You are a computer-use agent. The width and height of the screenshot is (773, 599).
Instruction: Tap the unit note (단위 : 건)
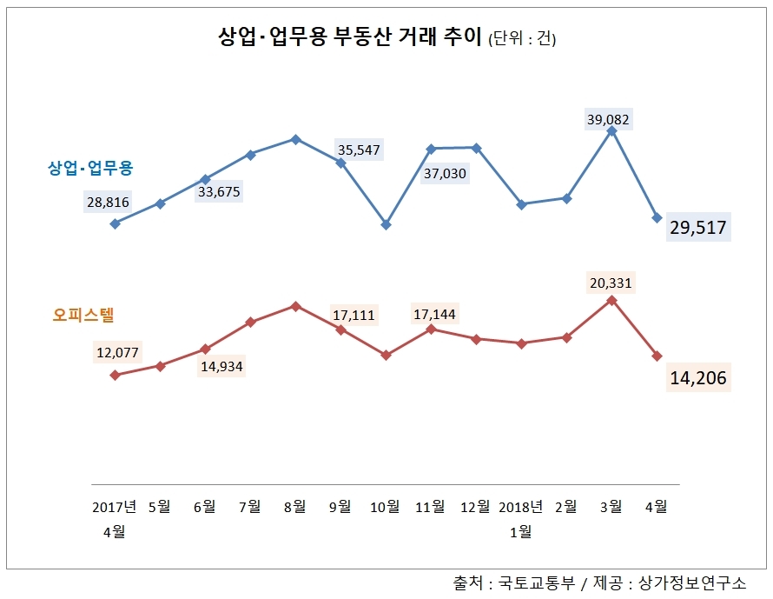522,39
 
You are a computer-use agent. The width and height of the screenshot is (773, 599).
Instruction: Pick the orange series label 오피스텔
83,315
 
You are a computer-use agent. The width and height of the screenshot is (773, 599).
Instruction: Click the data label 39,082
608,119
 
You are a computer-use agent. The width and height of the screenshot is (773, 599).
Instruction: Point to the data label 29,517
698,229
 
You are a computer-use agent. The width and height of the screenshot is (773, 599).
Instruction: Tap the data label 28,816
108,203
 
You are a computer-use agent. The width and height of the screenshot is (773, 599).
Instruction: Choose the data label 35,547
358,150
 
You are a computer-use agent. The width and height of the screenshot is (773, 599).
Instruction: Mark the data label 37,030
446,174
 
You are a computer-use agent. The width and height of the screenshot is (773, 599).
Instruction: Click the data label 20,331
611,283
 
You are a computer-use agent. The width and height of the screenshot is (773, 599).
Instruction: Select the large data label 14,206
698,378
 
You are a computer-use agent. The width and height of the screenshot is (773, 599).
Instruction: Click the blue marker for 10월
386,224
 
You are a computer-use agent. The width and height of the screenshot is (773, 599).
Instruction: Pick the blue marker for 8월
295,139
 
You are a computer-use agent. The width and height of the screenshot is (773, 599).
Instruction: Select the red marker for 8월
295,306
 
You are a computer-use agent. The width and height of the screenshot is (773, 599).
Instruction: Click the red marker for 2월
567,337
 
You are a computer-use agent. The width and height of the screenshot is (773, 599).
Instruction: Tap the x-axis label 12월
476,507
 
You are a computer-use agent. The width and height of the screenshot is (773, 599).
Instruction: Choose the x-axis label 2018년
521,507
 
